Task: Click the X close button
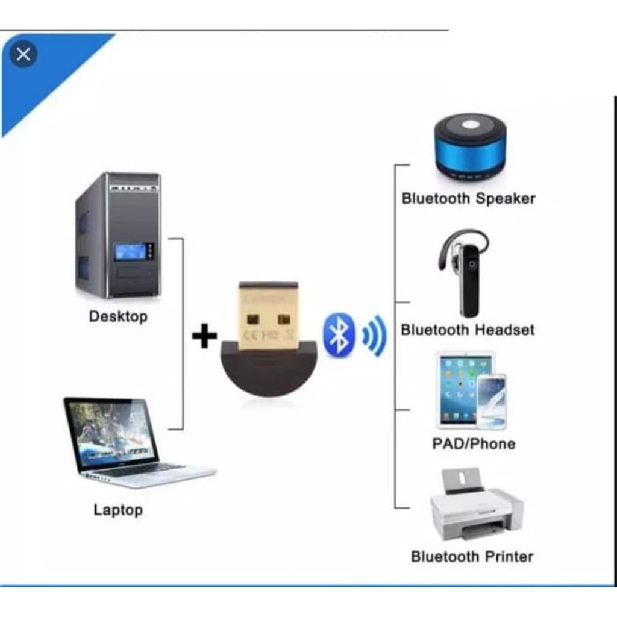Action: pyautogui.click(x=23, y=55)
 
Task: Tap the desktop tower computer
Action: pyautogui.click(x=119, y=235)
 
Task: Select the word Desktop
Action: pyautogui.click(x=118, y=316)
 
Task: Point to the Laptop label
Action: pyautogui.click(x=118, y=510)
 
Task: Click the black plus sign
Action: pyautogui.click(x=204, y=336)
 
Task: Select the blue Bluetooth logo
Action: pyautogui.click(x=338, y=334)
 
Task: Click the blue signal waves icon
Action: pyautogui.click(x=374, y=335)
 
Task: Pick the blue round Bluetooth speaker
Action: pyautogui.click(x=470, y=146)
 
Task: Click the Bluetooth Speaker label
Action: pyautogui.click(x=468, y=198)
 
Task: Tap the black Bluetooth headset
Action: pyautogui.click(x=466, y=271)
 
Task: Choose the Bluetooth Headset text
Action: pyautogui.click(x=468, y=330)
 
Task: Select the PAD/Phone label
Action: pyautogui.click(x=474, y=444)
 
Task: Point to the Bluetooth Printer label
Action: pyautogui.click(x=472, y=556)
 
